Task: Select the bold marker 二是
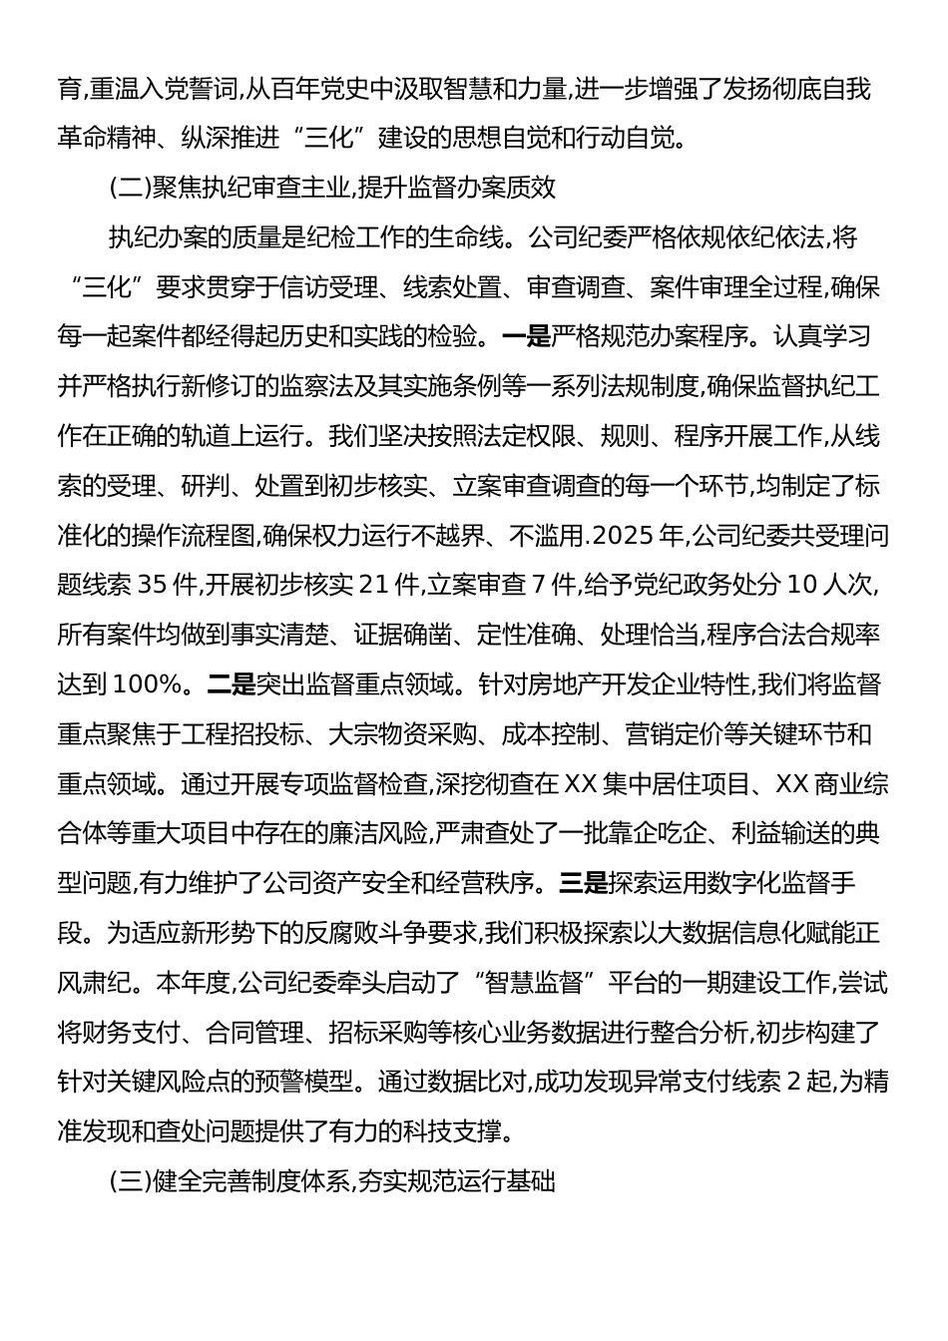(232, 685)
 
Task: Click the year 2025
(625, 536)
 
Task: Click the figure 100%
(148, 685)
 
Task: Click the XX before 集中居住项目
(580, 784)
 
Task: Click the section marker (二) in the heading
(129, 187)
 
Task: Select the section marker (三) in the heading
(129, 1182)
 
